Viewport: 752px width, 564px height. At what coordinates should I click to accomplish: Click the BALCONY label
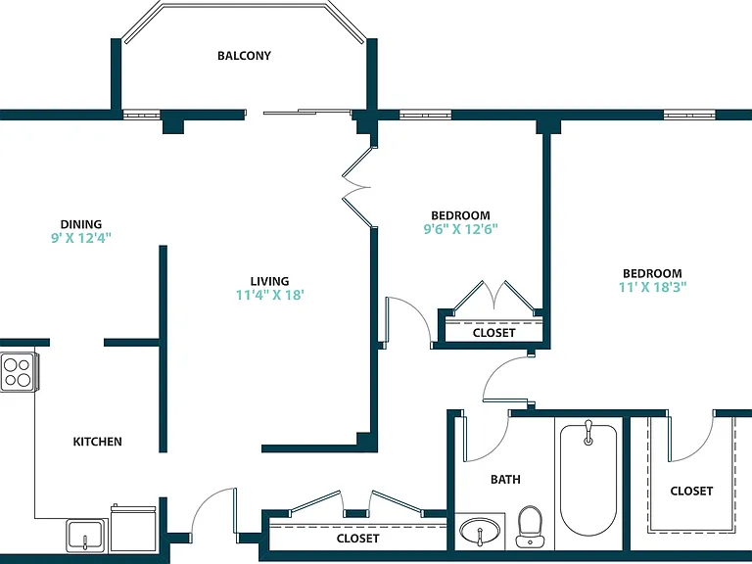tap(244, 56)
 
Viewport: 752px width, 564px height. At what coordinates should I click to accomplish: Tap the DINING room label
tap(81, 224)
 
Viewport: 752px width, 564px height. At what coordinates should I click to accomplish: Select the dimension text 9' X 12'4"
tap(81, 238)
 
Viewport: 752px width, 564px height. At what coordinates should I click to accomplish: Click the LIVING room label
tap(269, 281)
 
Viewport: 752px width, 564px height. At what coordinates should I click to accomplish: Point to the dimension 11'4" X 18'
tap(270, 295)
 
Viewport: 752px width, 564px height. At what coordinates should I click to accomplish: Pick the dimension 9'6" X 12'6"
tap(460, 229)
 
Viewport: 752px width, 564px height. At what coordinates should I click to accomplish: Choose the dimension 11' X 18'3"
tap(652, 287)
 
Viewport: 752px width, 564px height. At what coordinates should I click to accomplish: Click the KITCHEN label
tap(97, 442)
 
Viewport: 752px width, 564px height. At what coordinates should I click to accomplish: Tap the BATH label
tap(505, 479)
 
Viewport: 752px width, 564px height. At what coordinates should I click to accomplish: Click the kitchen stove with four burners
tap(19, 372)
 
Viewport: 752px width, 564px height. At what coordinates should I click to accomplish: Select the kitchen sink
tap(86, 536)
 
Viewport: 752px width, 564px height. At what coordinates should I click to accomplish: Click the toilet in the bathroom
tap(530, 526)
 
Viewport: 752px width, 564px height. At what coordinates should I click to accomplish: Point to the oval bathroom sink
tap(480, 532)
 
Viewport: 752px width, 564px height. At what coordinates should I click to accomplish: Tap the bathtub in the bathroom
tap(588, 479)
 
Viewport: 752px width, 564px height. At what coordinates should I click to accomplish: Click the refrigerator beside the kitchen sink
tap(133, 528)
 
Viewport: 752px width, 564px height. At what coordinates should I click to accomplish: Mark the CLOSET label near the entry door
tap(357, 539)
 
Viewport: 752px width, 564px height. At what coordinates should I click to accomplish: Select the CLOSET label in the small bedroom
tap(493, 333)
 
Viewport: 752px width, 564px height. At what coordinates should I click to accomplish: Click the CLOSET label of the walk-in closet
tap(691, 492)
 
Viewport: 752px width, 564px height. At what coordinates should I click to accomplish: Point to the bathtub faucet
tap(588, 433)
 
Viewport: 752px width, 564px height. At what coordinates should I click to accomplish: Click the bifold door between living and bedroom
tap(357, 187)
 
